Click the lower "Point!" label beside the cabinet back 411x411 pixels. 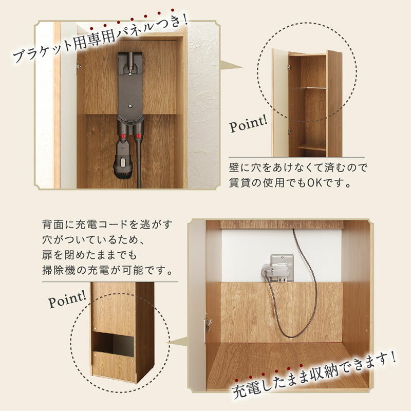pyautogui.click(x=67, y=299)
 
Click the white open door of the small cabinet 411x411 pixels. pyautogui.click(x=281, y=103)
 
